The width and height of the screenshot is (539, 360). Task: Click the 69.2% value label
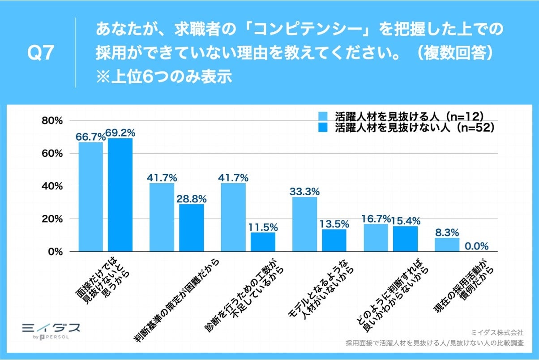120,133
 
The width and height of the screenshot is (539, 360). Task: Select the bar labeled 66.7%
91,197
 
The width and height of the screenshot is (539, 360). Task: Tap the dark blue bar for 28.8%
192,228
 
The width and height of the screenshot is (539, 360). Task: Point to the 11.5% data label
263,227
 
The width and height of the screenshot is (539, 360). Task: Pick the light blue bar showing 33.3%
304,224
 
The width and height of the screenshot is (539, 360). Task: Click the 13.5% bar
334,240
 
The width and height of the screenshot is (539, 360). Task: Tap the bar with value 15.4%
405,239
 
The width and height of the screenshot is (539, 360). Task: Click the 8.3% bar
447,245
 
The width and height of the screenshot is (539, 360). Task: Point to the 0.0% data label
476,246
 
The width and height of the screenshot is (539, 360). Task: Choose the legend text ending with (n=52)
414,128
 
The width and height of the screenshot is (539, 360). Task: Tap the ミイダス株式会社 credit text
497,333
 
